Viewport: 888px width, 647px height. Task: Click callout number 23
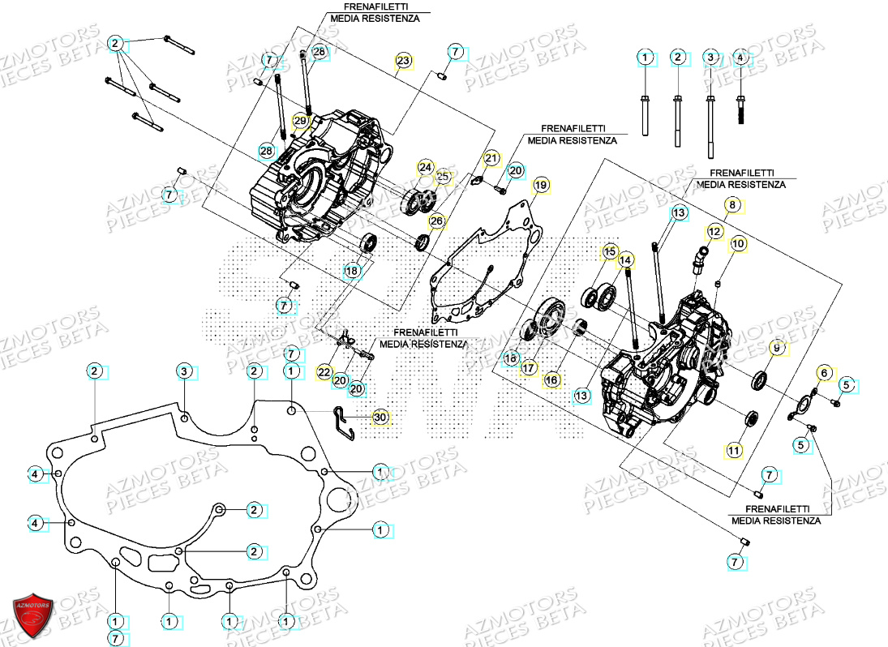403,61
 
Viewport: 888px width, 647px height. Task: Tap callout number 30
380,418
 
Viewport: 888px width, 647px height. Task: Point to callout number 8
732,205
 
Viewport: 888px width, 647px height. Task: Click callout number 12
714,232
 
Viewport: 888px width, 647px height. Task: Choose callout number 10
738,243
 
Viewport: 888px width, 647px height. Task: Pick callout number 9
776,348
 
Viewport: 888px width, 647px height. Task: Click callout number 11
733,450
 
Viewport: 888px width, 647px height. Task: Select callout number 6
824,372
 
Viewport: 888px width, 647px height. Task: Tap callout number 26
436,221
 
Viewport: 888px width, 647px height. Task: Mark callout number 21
491,157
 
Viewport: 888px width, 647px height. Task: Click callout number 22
324,372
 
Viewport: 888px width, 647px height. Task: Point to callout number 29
300,122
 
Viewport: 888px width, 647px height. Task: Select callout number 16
551,379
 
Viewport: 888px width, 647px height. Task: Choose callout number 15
609,252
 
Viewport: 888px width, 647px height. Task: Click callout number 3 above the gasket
184,372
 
